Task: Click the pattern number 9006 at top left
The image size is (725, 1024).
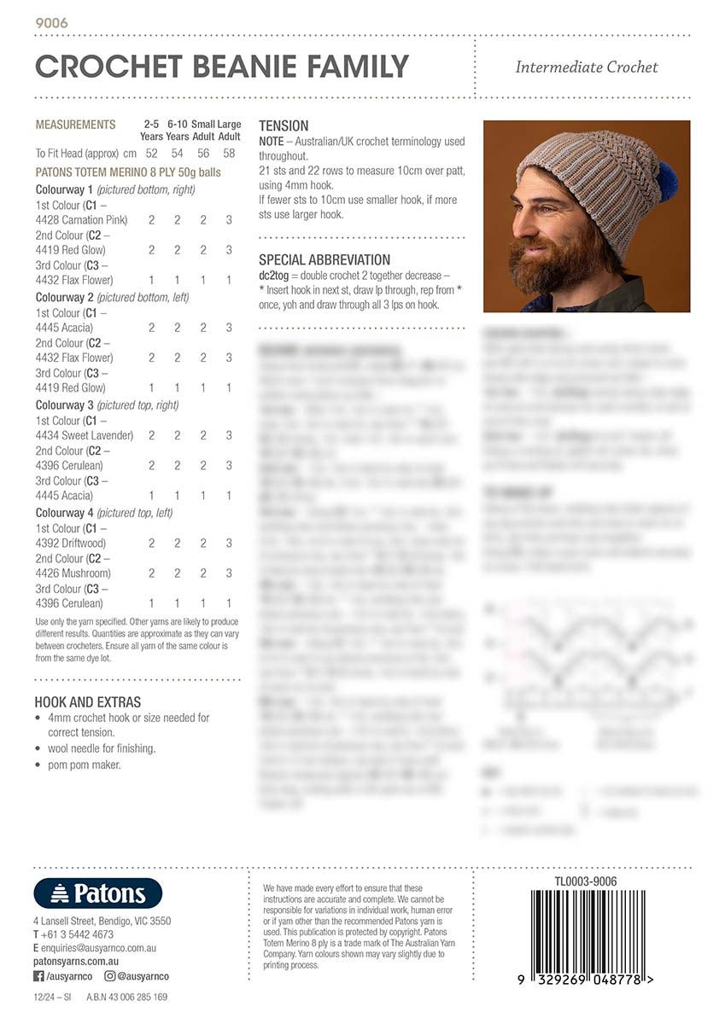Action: point(51,23)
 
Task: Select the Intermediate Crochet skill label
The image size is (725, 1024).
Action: point(586,67)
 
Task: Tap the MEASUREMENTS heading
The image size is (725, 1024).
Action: point(75,125)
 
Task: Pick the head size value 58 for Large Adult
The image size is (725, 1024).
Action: point(229,154)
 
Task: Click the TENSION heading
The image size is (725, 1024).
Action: point(284,125)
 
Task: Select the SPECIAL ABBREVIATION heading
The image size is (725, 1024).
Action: point(324,259)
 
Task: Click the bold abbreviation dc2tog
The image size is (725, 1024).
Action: point(276,276)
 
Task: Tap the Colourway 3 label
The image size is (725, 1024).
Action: point(65,405)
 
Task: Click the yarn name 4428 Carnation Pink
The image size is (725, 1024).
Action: point(81,220)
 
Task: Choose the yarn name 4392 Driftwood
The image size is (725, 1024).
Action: point(71,543)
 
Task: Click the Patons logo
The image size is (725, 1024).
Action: point(97,893)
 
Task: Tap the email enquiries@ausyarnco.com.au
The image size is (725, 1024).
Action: point(98,948)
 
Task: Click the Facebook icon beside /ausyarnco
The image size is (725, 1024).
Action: point(38,975)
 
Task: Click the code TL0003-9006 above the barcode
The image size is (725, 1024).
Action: point(585,881)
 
